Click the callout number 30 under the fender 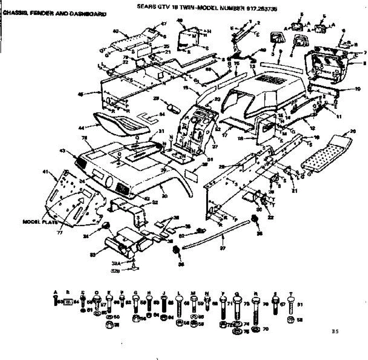pos(164,196)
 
